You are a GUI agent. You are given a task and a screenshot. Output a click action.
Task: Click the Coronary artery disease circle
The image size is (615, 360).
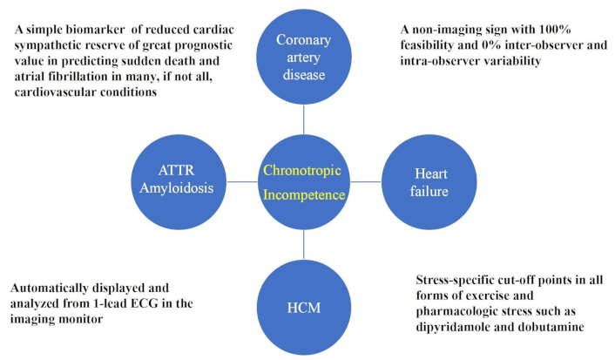point(304,57)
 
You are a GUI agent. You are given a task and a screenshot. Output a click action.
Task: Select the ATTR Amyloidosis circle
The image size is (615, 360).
point(179,182)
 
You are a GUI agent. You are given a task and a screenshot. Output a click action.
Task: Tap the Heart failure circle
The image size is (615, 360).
point(429,182)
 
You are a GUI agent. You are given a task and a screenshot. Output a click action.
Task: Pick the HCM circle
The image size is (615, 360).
point(304,308)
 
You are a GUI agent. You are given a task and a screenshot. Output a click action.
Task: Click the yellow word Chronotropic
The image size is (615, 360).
point(302,171)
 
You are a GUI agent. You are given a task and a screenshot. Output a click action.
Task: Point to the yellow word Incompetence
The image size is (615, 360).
point(304,194)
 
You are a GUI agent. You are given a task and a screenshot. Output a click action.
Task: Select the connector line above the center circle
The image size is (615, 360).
point(304,119)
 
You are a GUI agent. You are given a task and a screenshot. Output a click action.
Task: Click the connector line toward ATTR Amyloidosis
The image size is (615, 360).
point(241,182)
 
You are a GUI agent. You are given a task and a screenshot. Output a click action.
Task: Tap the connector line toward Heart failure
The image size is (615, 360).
point(367,182)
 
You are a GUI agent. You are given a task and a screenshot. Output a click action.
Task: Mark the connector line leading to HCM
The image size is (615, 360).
point(304,245)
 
